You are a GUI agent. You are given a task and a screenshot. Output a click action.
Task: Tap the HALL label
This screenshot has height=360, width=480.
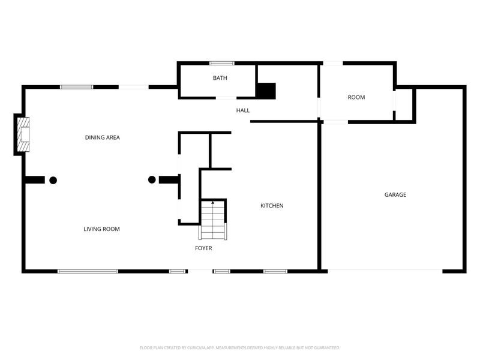pos(243,110)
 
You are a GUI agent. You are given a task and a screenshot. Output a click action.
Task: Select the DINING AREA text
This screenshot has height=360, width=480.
pos(103,137)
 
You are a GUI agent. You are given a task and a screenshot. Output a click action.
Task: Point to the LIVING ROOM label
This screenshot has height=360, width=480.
pos(101,229)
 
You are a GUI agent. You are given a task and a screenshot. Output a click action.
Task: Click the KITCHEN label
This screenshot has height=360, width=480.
pos(272,206)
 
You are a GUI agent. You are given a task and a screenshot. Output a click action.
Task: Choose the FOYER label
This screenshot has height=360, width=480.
pos(203,248)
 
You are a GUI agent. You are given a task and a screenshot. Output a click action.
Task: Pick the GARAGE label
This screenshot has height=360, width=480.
pos(395,194)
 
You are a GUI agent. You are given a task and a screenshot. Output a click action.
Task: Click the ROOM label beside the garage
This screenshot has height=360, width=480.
pos(356,97)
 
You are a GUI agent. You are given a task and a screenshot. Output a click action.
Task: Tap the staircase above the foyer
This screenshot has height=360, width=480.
pos(212,221)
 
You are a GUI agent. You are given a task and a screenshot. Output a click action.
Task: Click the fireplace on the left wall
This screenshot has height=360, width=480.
pos(23,135)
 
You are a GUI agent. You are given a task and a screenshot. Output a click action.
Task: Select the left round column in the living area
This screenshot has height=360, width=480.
pos(53,179)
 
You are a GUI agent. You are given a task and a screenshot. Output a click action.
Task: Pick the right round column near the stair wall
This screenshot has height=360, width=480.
pos(152,179)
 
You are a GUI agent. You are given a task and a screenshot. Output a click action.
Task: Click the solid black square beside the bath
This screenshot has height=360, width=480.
pos(266,90)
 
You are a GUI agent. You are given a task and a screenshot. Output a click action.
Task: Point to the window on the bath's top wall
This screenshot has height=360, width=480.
pos(221,63)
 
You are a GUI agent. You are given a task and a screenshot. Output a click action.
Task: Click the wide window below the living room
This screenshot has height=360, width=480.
pos(88,271)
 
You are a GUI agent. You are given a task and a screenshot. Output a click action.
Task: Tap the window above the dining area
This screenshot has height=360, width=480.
pos(76,87)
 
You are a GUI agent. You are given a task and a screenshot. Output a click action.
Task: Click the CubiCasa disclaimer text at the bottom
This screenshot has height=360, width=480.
pos(240,347)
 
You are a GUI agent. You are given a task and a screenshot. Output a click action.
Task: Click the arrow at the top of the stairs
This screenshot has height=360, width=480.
pos(212,203)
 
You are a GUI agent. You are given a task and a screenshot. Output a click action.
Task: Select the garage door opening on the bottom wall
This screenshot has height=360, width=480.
pos(385,271)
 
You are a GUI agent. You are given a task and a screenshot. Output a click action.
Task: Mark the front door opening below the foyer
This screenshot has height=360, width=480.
pos(200,271)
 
